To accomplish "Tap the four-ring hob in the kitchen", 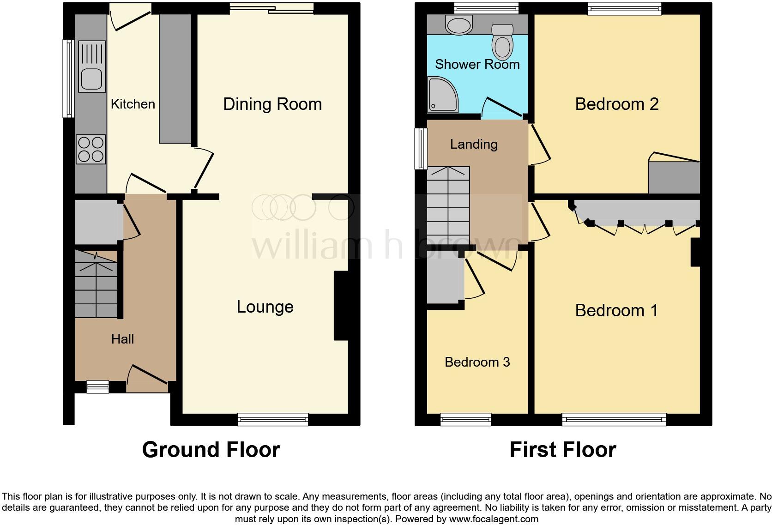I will point(91,149).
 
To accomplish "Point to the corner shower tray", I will point(443,95).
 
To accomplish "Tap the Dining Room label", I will point(272,104).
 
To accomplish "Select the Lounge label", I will point(265,307).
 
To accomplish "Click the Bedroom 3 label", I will point(477,362).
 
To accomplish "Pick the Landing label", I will point(474,145).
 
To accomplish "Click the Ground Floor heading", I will point(211,450).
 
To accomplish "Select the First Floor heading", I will point(562,450).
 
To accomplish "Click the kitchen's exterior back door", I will point(131,18).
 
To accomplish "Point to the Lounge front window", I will point(273,419).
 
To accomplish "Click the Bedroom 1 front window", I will point(614,419).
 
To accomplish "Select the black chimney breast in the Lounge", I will point(341,306).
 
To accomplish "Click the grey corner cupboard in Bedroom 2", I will point(674,177).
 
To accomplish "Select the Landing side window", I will point(421,149).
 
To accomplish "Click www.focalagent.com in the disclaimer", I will point(493,519).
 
